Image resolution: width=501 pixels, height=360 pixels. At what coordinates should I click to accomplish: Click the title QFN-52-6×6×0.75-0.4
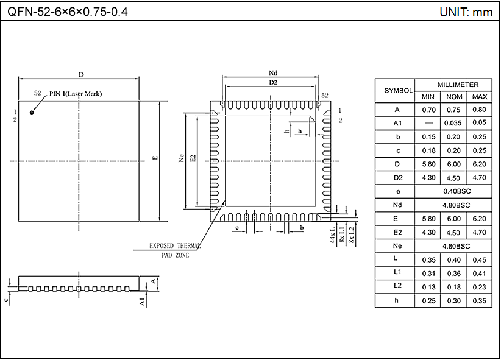tap(68, 12)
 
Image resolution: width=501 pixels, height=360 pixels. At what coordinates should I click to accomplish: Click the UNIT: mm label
tap(466, 12)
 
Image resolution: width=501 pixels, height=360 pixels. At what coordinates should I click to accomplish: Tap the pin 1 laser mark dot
tap(32, 111)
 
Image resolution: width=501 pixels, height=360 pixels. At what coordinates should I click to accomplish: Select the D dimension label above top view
tap(80, 74)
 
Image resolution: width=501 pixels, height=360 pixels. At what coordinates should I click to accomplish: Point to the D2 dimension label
tap(273, 82)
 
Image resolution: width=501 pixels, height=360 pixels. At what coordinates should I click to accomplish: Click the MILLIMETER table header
tap(453, 85)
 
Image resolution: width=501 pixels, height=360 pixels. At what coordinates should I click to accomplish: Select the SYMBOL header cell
tap(394, 90)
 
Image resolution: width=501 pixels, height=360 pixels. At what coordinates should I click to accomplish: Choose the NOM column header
tap(453, 97)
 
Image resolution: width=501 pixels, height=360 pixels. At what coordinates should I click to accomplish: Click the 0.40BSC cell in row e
tap(453, 191)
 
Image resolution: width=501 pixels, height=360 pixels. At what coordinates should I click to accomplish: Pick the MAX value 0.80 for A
tap(479, 110)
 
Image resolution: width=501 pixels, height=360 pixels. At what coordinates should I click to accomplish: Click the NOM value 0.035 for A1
tap(453, 124)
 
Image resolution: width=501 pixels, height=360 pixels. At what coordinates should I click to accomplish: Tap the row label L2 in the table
tap(394, 286)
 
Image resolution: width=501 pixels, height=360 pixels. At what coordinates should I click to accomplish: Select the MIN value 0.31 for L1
tap(428, 272)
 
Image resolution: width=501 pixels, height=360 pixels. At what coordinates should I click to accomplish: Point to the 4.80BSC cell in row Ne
tap(453, 245)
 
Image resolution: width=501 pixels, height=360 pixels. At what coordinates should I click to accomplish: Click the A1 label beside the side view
tap(143, 301)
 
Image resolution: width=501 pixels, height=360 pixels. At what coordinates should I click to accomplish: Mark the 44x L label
tap(333, 235)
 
